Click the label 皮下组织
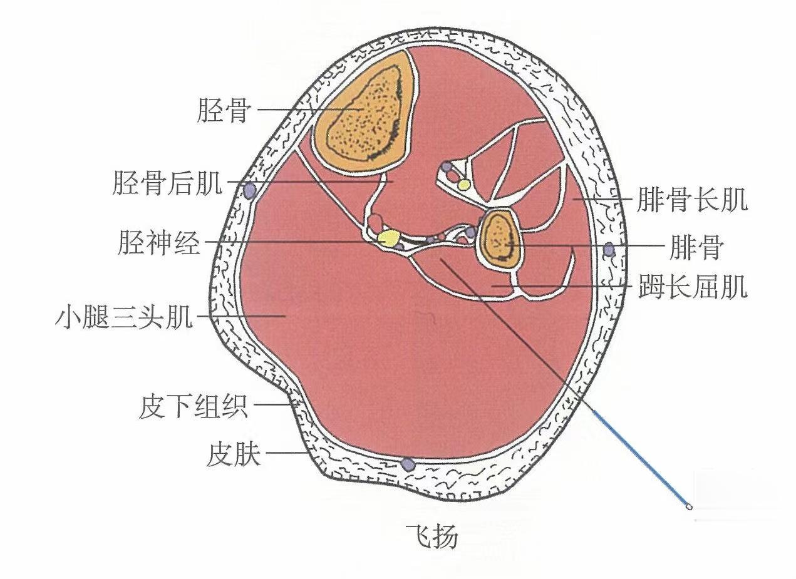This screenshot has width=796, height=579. [194, 407]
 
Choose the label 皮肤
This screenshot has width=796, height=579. [233, 454]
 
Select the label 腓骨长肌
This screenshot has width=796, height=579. [691, 202]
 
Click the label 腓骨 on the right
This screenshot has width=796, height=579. [695, 247]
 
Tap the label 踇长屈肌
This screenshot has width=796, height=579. [693, 288]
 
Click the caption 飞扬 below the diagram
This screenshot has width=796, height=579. [433, 536]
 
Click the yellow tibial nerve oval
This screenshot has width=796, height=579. [388, 238]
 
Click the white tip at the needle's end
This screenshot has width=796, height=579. [690, 507]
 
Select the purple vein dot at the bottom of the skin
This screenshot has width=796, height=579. [408, 464]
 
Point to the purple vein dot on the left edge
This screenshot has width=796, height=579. [250, 190]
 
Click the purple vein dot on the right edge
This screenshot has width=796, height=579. [608, 249]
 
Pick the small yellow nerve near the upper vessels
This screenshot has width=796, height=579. [463, 185]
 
